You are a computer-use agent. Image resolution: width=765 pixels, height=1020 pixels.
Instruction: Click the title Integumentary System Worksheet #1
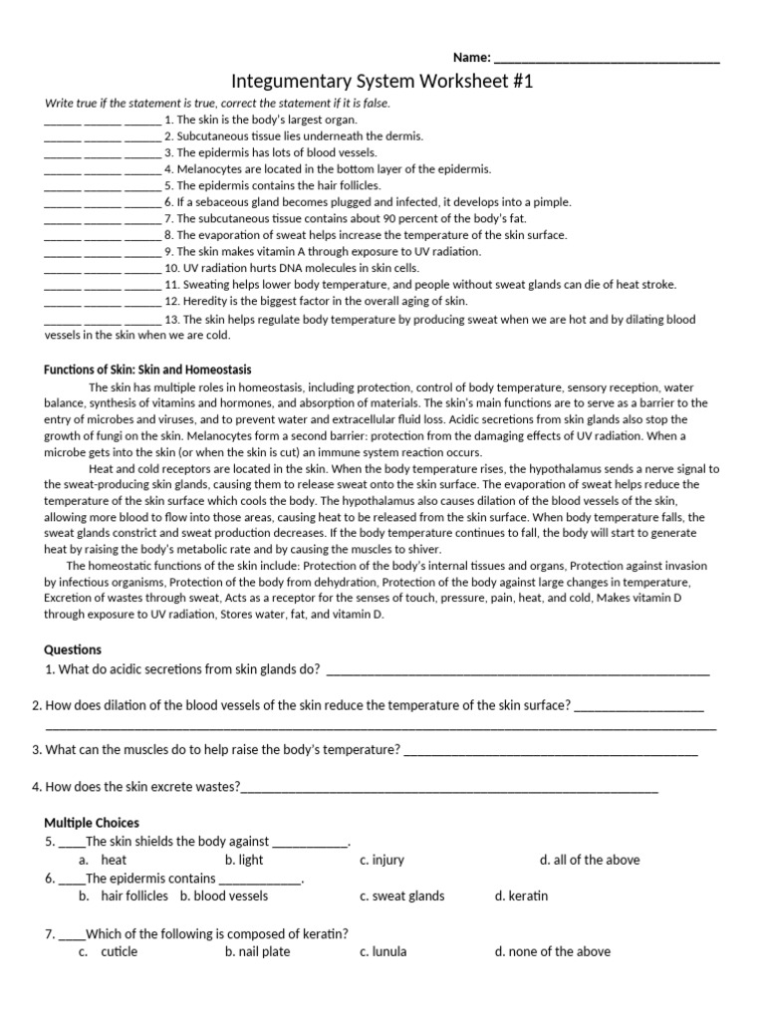[382, 82]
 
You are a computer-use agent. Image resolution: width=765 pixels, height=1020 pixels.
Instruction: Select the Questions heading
[73, 649]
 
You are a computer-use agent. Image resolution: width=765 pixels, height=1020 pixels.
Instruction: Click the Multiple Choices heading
[92, 823]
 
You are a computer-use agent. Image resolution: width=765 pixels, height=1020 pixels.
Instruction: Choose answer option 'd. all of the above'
[590, 860]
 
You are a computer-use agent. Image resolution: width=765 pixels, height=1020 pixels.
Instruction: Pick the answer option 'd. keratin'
[521, 895]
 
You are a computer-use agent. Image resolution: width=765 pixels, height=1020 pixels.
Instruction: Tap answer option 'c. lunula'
[383, 951]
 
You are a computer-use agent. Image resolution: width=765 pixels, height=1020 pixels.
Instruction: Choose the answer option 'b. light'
[244, 860]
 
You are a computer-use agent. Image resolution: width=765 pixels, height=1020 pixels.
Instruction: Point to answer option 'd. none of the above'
[552, 951]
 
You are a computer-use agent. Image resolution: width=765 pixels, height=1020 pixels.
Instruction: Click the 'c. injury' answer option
[382, 860]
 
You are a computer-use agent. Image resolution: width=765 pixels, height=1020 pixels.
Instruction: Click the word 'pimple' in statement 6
[552, 202]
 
